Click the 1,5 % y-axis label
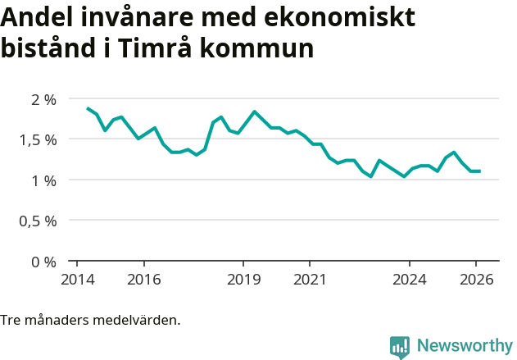click(x=39, y=139)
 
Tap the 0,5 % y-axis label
click(x=39, y=221)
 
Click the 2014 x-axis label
click(x=77, y=279)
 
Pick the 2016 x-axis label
click(x=143, y=279)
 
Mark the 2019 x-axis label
click(x=243, y=279)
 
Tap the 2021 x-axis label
click(x=310, y=279)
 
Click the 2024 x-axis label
click(x=410, y=279)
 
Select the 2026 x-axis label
click(x=477, y=279)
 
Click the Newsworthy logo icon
click(x=400, y=347)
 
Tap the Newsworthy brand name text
click(x=464, y=346)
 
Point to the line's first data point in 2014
click(x=88, y=108)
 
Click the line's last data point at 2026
click(x=479, y=171)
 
